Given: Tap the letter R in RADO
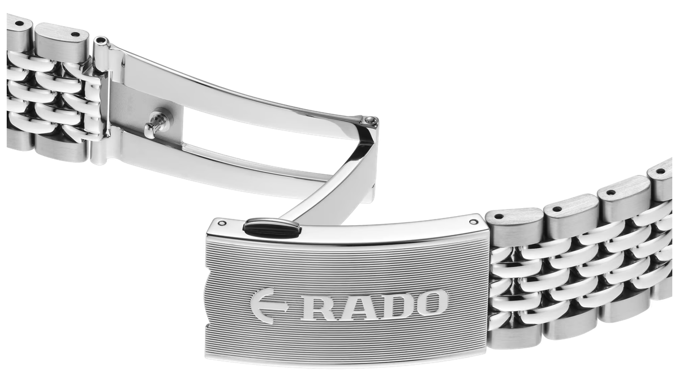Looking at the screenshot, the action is (317, 308).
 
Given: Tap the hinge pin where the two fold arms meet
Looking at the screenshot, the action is (368, 121).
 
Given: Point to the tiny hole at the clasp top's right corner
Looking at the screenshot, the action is (473, 222).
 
